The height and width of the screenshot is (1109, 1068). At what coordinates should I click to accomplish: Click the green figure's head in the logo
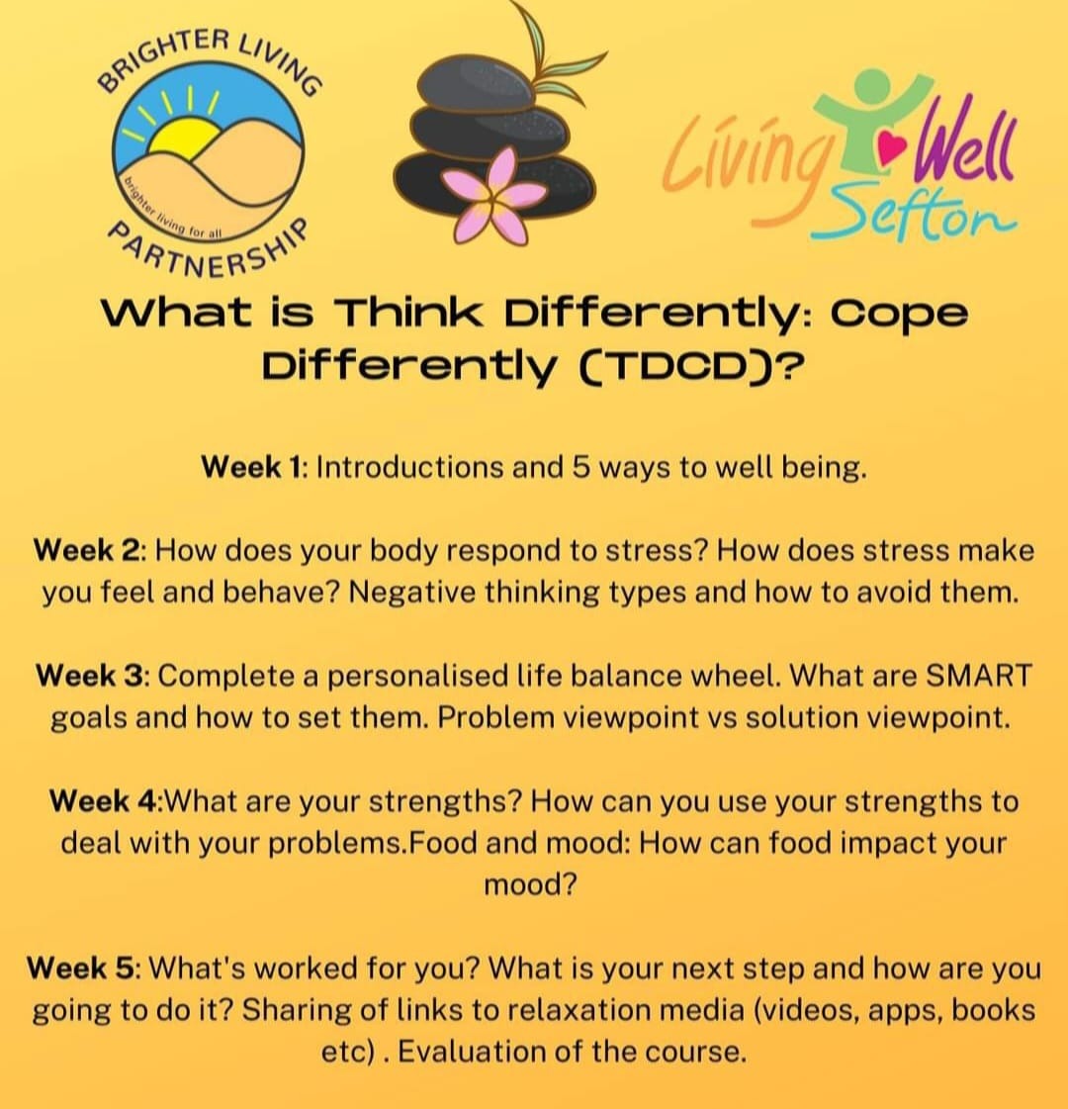[x=873, y=86]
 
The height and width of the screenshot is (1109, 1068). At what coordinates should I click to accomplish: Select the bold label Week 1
[x=251, y=467]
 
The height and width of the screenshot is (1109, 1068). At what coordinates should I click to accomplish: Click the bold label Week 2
[x=87, y=550]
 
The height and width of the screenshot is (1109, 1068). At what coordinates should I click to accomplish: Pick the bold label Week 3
[x=90, y=676]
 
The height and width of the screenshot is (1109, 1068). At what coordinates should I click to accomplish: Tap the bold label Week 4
[x=103, y=800]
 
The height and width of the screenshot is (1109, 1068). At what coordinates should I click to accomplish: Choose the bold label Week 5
[x=80, y=968]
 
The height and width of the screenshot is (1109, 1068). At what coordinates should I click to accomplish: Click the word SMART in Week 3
[x=979, y=676]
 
